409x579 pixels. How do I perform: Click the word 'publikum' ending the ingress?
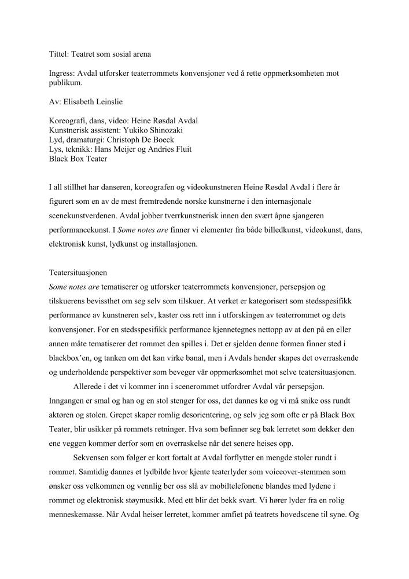click(x=65, y=83)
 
